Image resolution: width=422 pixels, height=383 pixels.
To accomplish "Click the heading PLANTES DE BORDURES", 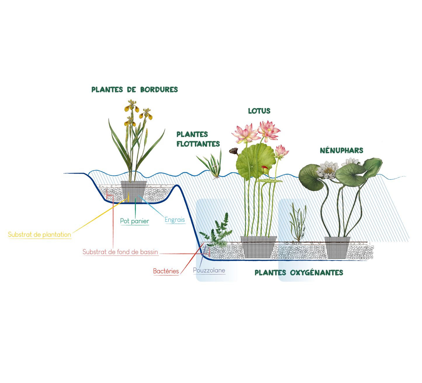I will pos(134,89).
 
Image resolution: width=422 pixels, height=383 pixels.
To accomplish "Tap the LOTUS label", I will pos(259,111).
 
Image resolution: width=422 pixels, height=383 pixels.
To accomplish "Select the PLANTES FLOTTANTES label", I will pos(198,139).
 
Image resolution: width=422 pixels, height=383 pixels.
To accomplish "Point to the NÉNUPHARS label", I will pos(341,150).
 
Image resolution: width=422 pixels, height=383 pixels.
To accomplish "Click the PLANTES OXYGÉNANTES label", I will pos(299,273).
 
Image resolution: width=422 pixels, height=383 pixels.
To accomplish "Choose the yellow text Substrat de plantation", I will pos(39,234).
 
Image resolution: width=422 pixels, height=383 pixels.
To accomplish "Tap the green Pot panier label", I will pos(135,221).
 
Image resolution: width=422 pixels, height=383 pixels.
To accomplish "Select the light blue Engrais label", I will pos(175,219).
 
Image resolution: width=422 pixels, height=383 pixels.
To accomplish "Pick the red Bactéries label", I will pos(166,271).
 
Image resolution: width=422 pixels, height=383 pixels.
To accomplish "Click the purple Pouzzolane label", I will pos(209,271).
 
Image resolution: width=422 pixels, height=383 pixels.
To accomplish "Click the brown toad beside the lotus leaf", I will pos(233,151).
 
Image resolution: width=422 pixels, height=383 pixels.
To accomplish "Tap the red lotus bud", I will pos(264,169).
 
